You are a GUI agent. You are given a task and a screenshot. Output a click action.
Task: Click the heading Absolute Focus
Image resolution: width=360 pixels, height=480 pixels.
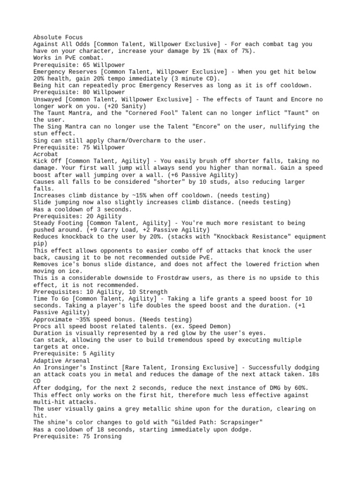(x=58, y=37)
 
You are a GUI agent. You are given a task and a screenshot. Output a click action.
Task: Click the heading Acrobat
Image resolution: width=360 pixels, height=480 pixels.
(x=45, y=154)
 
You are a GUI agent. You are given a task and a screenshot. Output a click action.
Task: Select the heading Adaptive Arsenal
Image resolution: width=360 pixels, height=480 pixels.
(x=61, y=361)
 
